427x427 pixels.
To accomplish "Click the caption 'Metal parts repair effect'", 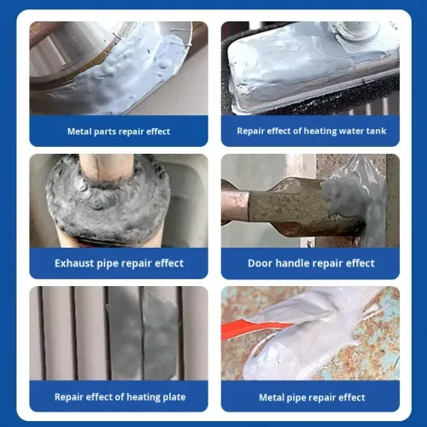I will pos(119,132).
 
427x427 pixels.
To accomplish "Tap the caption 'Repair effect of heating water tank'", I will pos(310,132).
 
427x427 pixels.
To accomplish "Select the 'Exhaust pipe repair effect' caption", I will pos(119,263).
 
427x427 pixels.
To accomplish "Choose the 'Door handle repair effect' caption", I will pos(311,263).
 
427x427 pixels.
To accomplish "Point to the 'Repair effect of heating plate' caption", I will pos(119,396).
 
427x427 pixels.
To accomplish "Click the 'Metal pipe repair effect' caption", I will pos(312,397).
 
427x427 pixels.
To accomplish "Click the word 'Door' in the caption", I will pos(261,263).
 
